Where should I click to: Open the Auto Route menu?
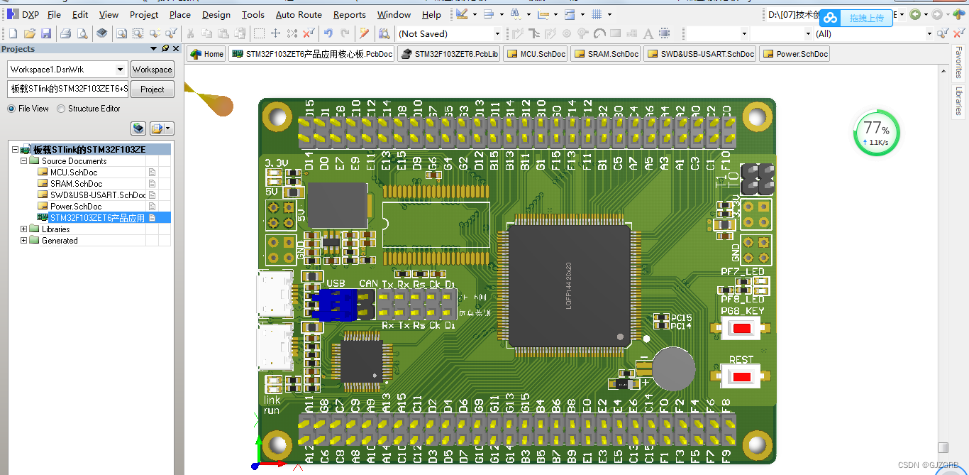(x=299, y=14)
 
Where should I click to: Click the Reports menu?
(x=349, y=14)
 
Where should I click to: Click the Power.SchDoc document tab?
(x=794, y=54)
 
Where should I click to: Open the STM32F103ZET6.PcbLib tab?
(x=449, y=54)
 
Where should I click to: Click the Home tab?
(x=206, y=54)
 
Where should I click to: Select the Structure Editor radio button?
(x=62, y=109)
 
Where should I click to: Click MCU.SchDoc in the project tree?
(x=73, y=173)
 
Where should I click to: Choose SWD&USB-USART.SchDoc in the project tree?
(x=98, y=195)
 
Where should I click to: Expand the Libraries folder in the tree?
(x=24, y=229)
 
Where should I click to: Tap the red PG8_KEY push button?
(x=741, y=329)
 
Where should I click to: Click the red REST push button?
(x=741, y=376)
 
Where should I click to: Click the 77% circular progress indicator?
(x=876, y=132)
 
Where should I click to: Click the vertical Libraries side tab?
(x=959, y=101)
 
